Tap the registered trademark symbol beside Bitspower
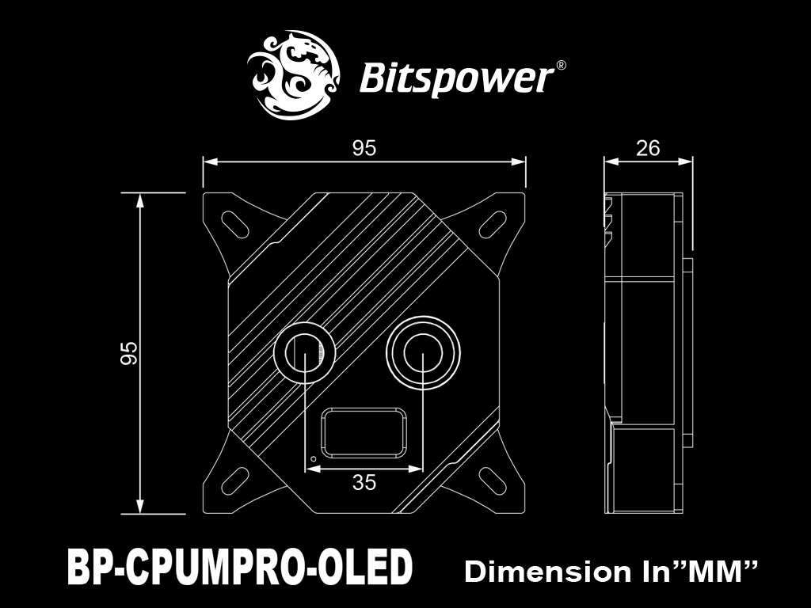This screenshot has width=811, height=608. coord(561,66)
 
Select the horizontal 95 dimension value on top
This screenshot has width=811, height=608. coord(364,148)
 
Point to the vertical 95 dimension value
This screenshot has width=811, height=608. coord(129,353)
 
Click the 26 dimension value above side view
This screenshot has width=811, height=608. coord(648,148)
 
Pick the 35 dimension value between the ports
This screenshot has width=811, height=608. coord(364,482)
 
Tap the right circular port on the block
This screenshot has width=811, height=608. coord(423,354)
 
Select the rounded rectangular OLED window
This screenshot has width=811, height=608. coord(364,432)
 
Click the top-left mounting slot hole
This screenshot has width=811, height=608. coord(234,224)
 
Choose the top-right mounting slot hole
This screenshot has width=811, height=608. coord(493,224)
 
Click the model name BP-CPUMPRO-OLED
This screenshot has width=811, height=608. coord(240,567)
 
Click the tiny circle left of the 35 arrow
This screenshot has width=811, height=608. coord(313,458)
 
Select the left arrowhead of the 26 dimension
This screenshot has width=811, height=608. coord(611,161)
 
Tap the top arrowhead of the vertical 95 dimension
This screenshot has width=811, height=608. coord(139,200)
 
